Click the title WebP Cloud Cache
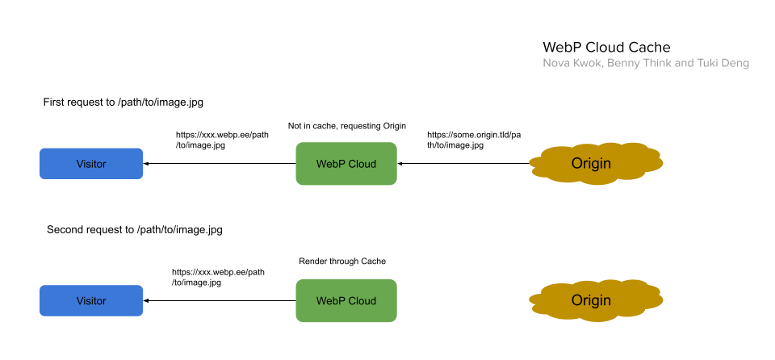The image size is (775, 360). [x=606, y=48]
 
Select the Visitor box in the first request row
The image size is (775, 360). [x=91, y=164]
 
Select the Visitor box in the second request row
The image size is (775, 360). [x=91, y=300]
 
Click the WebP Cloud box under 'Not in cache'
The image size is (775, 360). [x=346, y=164]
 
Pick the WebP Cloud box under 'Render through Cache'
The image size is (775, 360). [x=346, y=300]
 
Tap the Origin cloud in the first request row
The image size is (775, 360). [x=597, y=164]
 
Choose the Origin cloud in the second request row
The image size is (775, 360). [x=597, y=300]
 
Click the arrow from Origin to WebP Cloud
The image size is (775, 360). [x=464, y=164]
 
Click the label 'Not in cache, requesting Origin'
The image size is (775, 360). [x=346, y=126]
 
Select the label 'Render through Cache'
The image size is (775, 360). [x=342, y=262]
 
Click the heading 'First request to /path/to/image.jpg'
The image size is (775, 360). [x=128, y=103]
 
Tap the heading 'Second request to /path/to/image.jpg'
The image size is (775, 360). [x=134, y=229]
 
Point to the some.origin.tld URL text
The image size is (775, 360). [x=473, y=140]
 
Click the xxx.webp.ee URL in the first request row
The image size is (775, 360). [x=222, y=140]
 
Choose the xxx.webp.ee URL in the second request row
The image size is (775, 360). [x=218, y=278]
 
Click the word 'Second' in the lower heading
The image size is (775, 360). [x=65, y=229]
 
